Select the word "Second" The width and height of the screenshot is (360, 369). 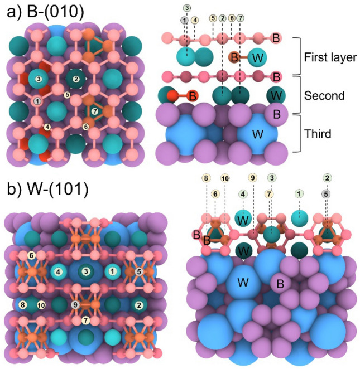321,95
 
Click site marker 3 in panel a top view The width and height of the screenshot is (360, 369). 38,80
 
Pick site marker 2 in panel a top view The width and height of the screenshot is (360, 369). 76,79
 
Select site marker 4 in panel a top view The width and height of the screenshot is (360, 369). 47,127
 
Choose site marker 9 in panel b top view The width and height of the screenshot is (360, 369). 75,305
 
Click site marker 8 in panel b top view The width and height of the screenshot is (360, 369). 23,305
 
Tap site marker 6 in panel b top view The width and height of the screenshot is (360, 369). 32,255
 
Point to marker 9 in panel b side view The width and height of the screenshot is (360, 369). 252,178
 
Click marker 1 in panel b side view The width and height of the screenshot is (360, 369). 299,194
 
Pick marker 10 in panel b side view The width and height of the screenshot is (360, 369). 224,178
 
